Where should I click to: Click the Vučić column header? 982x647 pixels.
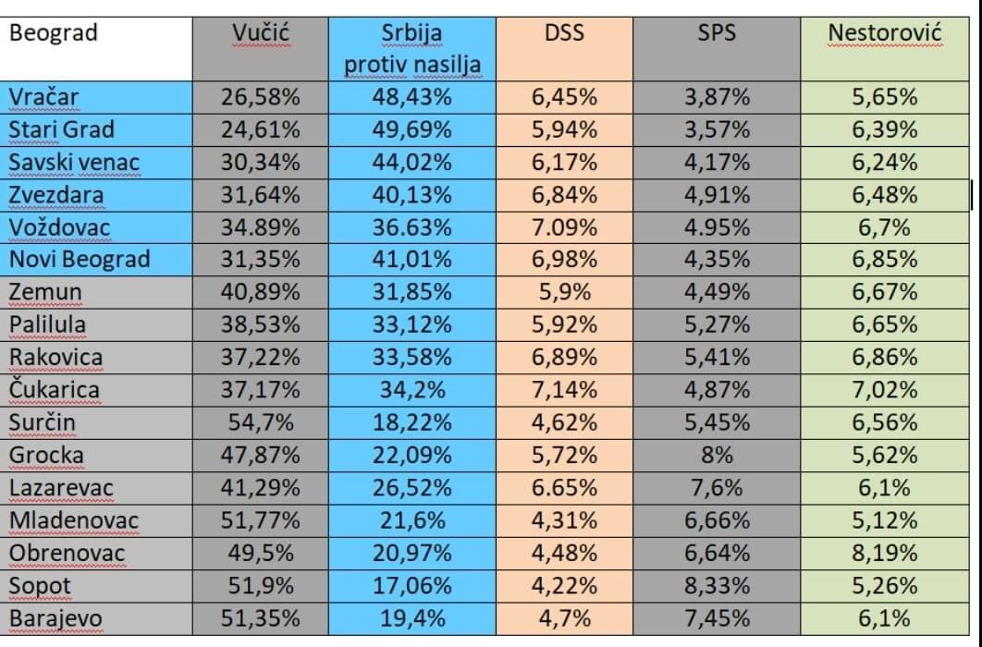tap(261, 34)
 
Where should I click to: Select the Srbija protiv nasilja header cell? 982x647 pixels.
tap(412, 49)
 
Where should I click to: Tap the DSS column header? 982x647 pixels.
tap(564, 34)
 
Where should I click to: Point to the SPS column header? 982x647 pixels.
tap(717, 34)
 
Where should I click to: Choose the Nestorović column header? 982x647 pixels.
tap(884, 34)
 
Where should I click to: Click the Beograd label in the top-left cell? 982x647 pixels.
tap(53, 34)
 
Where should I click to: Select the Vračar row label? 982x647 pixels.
tap(44, 97)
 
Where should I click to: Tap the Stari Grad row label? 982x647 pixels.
tap(61, 129)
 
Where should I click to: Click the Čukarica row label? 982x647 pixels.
tap(55, 390)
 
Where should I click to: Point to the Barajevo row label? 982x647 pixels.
tap(55, 617)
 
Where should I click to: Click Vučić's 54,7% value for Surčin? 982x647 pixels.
tap(261, 422)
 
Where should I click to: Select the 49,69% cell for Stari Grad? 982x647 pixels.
tap(412, 129)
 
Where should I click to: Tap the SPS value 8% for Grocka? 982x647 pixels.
tap(717, 455)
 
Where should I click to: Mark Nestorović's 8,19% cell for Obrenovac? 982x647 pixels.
tap(884, 553)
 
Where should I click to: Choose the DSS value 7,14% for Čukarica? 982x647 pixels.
tap(564, 390)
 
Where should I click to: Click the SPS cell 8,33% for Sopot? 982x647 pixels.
tap(717, 585)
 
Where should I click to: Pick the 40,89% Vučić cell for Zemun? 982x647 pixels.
tap(261, 292)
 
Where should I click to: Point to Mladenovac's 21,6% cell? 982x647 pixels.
tap(412, 520)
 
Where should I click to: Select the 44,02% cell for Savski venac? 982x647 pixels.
tap(412, 163)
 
